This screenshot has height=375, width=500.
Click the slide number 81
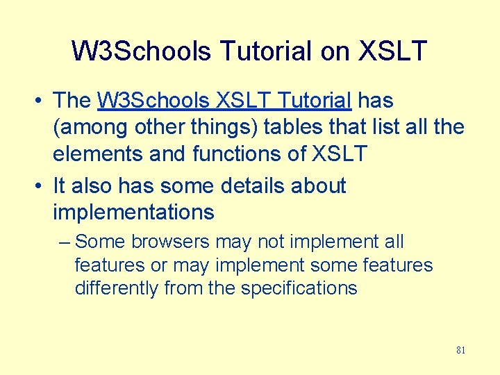pyautogui.click(x=460, y=351)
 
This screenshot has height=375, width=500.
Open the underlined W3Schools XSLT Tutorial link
pyautogui.click(x=224, y=101)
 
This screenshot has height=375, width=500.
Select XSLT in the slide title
pyautogui.click(x=392, y=51)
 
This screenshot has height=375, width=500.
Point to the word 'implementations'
pyautogui.click(x=133, y=212)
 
